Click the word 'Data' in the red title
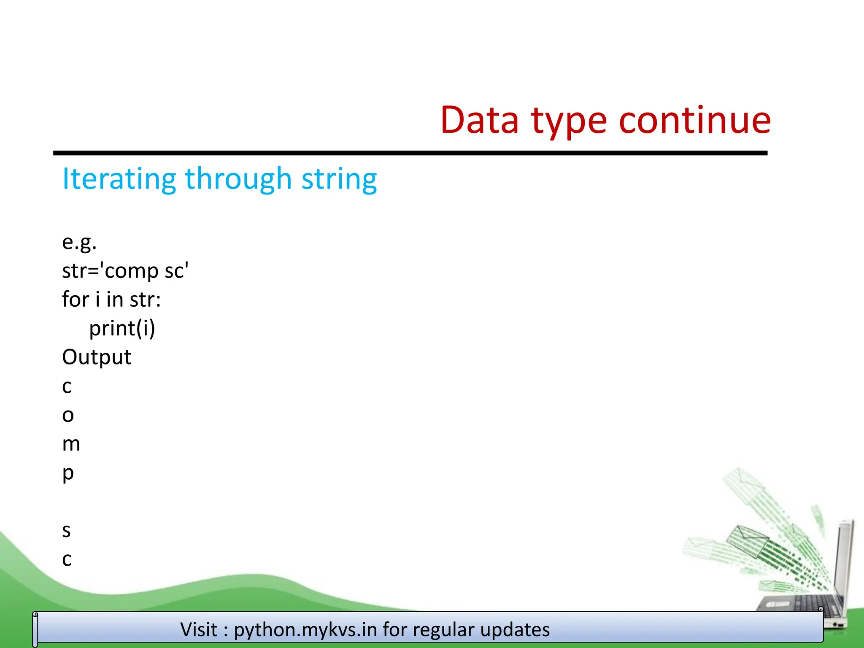click(479, 121)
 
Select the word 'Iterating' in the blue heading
click(119, 179)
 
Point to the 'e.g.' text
click(79, 242)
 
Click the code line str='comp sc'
click(125, 271)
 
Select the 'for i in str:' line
click(111, 300)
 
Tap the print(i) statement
click(122, 328)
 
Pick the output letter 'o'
click(67, 416)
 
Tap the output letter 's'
click(66, 531)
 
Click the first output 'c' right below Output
click(67, 387)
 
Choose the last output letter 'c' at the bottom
click(67, 560)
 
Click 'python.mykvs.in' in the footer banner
click(305, 630)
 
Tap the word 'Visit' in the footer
click(199, 629)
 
